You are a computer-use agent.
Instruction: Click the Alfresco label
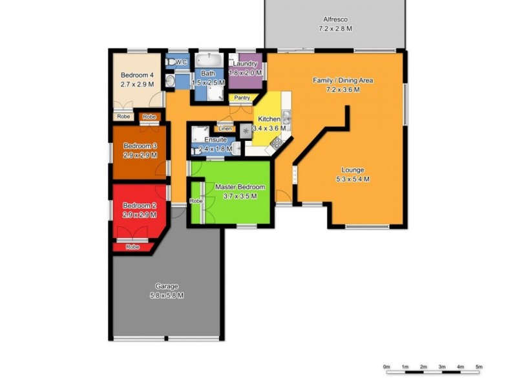click(334, 24)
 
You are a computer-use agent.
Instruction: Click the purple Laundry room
click(246, 72)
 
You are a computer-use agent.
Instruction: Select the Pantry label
click(242, 98)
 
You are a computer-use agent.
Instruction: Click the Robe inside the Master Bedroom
click(196, 202)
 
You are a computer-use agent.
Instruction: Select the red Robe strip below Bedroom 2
click(132, 247)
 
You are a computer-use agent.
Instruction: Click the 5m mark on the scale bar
click(479, 367)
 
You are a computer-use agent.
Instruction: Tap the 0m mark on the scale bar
click(386, 367)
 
